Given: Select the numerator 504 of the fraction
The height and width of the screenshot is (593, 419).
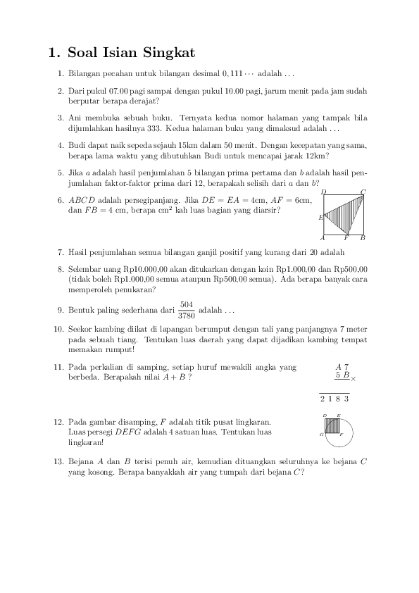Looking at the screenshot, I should [x=187, y=304].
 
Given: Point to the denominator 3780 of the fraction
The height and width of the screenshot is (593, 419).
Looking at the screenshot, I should [x=187, y=316].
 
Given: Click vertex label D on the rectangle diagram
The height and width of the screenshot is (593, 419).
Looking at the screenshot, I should [x=323, y=192].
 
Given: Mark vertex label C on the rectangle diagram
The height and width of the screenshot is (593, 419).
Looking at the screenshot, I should [x=363, y=192].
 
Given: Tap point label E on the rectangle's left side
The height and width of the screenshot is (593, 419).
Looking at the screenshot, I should [x=320, y=217].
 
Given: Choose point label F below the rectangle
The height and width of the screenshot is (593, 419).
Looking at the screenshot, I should [x=346, y=238].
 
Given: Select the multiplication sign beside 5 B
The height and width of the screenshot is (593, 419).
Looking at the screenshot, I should [x=354, y=379].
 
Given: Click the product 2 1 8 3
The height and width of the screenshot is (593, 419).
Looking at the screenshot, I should [x=334, y=399].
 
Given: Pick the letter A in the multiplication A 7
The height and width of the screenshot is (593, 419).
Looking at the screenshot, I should [x=338, y=367].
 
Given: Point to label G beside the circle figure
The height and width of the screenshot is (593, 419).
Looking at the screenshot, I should [x=321, y=435].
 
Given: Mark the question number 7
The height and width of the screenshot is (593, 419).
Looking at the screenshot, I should [x=61, y=251].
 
